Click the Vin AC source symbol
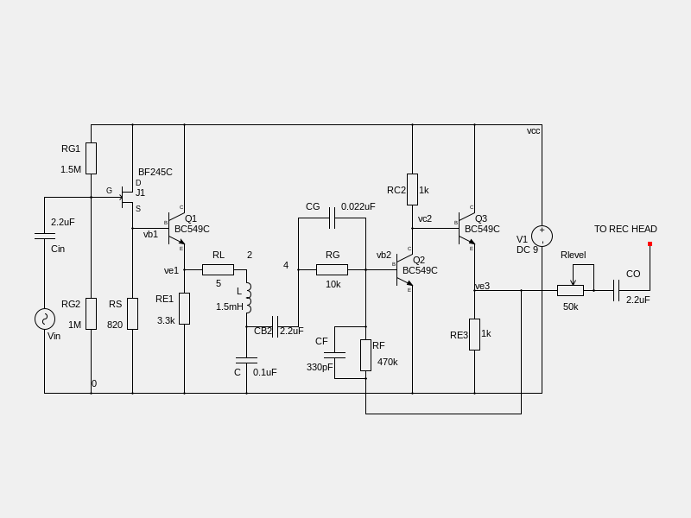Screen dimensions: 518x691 tap(45, 319)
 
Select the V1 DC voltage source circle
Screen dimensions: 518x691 tap(542, 236)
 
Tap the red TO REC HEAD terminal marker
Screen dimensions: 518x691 tap(650, 244)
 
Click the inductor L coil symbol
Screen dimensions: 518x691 tap(247, 298)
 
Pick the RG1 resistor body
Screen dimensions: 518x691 tap(91, 159)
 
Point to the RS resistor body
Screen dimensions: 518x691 tap(132, 313)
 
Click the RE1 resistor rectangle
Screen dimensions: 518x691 tap(184, 308)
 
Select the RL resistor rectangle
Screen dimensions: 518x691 tap(218, 269)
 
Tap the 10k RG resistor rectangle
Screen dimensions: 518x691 tap(332, 269)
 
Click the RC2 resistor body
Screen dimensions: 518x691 tap(412, 189)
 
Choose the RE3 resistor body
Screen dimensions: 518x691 tap(474, 334)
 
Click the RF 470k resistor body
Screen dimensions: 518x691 tap(365, 355)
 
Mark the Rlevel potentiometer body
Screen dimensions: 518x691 tap(570, 290)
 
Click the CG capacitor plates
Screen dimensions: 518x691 tap(332, 218)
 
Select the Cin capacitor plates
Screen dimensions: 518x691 tap(45, 235)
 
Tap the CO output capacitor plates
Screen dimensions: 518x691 tap(616, 290)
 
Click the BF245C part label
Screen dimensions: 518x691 tap(155, 172)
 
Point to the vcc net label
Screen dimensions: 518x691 tap(533, 130)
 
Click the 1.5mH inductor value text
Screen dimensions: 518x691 tap(230, 306)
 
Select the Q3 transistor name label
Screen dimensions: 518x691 tap(481, 218)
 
